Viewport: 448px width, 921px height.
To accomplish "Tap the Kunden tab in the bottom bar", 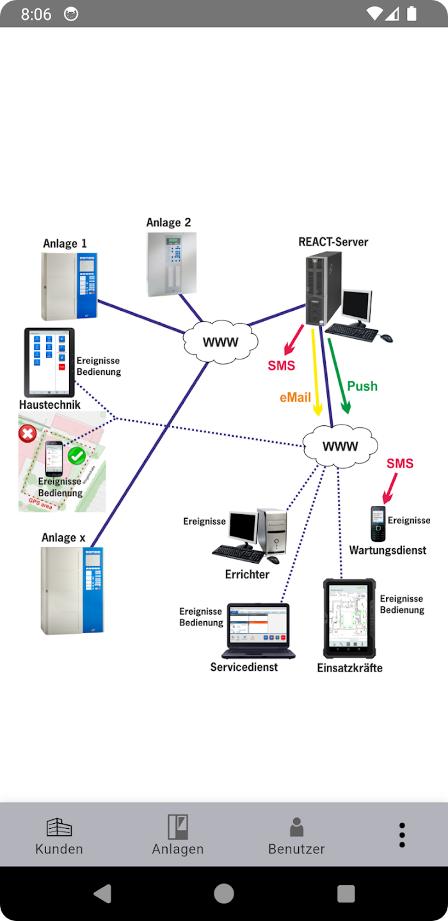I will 59,835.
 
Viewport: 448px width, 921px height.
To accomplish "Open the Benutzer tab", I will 296,835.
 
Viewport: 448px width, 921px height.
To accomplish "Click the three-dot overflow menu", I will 402,835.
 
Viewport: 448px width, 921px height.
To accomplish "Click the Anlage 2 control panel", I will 172,264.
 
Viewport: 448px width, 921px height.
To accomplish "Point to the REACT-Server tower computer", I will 323,289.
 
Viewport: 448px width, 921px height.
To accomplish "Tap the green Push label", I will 362,386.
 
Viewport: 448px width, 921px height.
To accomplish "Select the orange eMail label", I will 295,398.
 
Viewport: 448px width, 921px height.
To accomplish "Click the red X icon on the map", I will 27,434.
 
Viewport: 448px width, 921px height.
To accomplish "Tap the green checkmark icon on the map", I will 77,455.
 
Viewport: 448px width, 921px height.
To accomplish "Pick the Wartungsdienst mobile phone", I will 378,523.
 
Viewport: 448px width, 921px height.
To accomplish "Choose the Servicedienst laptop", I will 258,631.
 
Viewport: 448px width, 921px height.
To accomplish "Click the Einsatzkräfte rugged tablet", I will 349,618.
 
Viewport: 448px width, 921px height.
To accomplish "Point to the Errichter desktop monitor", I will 244,528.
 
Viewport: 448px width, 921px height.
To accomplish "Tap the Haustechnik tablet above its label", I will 49,362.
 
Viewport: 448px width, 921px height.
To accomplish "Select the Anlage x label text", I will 63,538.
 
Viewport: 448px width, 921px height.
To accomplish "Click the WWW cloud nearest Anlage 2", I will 220,342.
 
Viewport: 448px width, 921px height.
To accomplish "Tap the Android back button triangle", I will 103,893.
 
